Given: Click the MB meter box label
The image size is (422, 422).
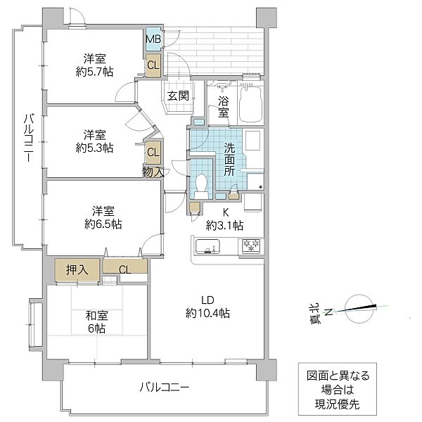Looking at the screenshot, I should click(x=153, y=39).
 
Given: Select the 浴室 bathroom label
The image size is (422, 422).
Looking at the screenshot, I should click(x=223, y=106).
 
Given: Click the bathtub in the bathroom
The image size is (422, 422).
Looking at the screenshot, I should click(x=251, y=103).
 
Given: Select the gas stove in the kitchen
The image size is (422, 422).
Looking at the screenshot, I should click(x=252, y=246).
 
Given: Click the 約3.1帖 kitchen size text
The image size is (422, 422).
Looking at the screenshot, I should click(x=225, y=225).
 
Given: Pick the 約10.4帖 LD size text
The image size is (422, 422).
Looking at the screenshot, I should click(x=208, y=313).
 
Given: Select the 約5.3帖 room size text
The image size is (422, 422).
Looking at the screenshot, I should click(x=96, y=148).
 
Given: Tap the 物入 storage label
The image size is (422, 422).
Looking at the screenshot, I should click(x=153, y=170).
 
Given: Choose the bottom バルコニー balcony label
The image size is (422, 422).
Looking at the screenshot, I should click(x=164, y=387).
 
